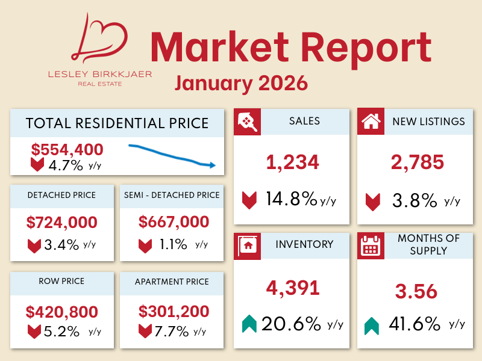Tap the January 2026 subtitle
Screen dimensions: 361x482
coord(241,82)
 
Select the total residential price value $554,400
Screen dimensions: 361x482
coord(67,149)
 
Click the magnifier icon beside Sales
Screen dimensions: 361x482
coord(247,122)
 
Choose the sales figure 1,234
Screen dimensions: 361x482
coord(292,162)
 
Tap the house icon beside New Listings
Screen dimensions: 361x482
coord(371,122)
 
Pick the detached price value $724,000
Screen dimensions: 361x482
coord(62,222)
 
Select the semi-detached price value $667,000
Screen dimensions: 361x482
coord(174,222)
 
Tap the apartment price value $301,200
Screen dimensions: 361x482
coord(174,312)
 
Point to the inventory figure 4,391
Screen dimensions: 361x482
coord(292,288)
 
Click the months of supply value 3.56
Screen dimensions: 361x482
coord(416,291)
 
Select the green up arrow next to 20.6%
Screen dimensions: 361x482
coord(249,325)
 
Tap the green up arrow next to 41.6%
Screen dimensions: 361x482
coord(372,326)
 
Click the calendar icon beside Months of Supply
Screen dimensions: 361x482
coord(371,245)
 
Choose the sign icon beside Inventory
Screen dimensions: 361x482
coord(247,245)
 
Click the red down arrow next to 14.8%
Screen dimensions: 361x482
coord(249,200)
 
